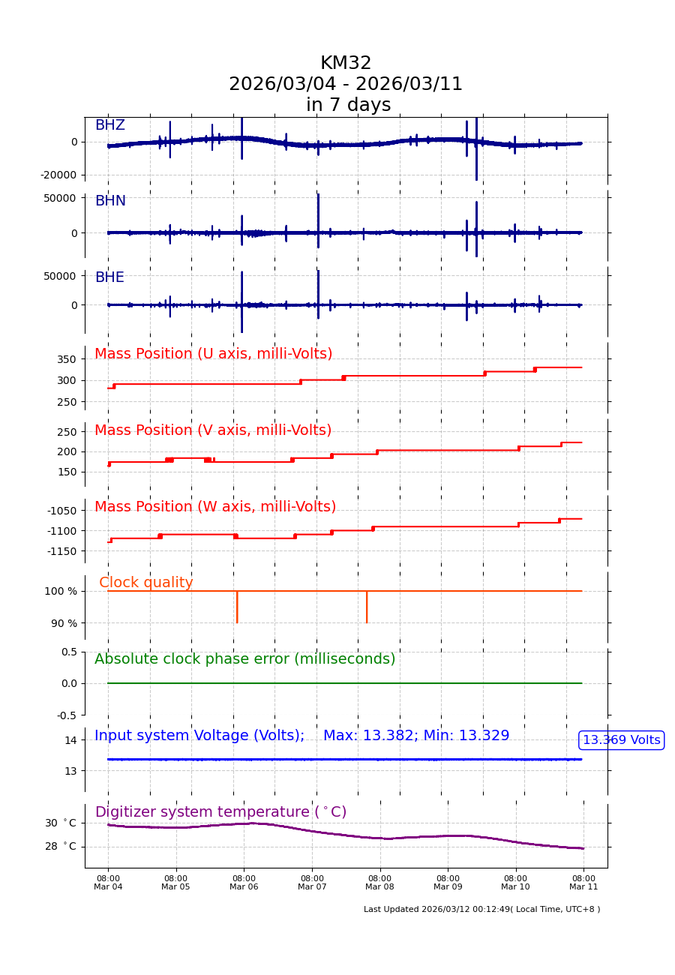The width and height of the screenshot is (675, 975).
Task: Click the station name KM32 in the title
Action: (346, 64)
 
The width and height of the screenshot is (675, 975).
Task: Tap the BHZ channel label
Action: (109, 125)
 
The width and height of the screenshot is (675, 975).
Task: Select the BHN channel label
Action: (110, 201)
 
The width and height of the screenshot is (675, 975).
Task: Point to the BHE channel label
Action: (109, 277)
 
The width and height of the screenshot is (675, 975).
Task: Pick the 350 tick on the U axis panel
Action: (66, 359)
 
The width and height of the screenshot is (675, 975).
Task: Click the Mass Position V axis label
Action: (213, 430)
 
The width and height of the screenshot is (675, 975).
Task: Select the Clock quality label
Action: (146, 583)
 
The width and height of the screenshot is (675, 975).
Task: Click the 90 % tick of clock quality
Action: (64, 623)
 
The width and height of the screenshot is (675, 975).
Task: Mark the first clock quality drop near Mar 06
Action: (237, 607)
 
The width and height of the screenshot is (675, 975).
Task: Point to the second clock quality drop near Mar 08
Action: (367, 607)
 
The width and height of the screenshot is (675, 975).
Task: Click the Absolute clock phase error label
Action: (244, 659)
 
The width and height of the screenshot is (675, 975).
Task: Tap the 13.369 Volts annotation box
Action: (622, 740)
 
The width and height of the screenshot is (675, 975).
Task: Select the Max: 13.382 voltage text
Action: (370, 736)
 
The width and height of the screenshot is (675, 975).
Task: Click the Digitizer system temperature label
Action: (220, 812)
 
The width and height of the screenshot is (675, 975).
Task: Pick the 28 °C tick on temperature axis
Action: (60, 847)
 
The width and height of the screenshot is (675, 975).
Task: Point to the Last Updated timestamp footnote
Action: (481, 910)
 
